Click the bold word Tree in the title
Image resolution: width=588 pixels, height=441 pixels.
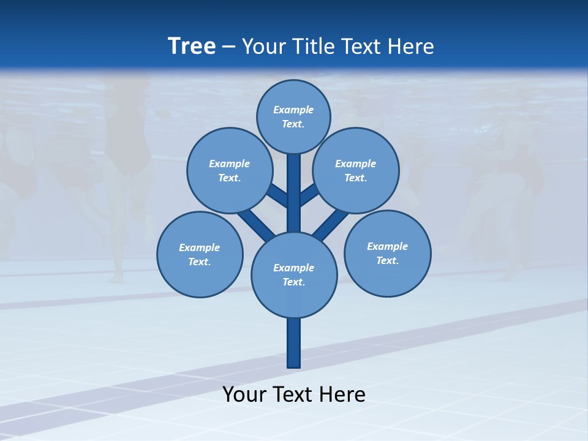point(192,46)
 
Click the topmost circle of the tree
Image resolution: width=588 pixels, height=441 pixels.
point(293,116)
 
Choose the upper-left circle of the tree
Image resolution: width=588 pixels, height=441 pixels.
point(229,170)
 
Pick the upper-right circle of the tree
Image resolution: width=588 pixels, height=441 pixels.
point(355,170)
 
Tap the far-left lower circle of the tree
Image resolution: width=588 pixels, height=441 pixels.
point(199,254)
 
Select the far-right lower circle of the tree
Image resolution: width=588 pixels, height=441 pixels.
point(387,253)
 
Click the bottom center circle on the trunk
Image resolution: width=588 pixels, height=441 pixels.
point(294,274)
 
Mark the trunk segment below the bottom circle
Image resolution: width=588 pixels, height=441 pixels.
point(294,343)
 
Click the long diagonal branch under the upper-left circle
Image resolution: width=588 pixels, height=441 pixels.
point(255,224)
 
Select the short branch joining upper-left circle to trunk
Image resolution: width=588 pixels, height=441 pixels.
point(277,196)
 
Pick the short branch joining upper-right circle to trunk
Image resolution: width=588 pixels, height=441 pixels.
point(309,195)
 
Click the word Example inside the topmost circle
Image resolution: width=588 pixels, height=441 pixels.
point(293,110)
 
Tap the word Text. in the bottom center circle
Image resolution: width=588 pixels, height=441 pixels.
point(294,282)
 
